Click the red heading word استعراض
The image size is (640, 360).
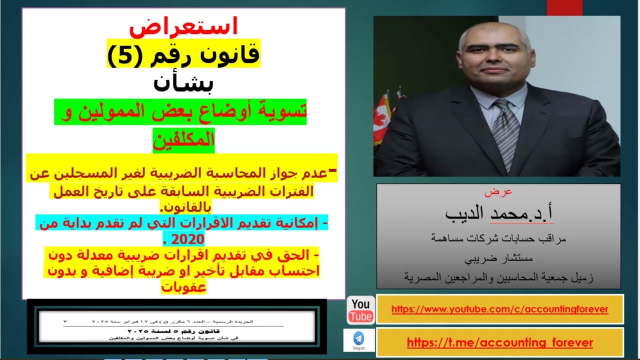pos(183,27)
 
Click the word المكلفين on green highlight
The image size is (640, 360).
pos(183,140)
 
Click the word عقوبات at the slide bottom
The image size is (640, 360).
pos(183,287)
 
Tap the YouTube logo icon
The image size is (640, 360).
pos(360,310)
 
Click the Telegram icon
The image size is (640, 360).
pos(358,339)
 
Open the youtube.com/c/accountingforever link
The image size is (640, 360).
pos(499,309)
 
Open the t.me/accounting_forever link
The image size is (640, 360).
pos(499,342)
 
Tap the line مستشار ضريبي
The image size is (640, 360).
pos(498,258)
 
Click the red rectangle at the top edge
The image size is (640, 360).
pos(564,7)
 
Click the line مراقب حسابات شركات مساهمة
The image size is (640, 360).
pos(498,239)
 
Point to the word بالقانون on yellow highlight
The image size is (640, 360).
pos(184,206)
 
